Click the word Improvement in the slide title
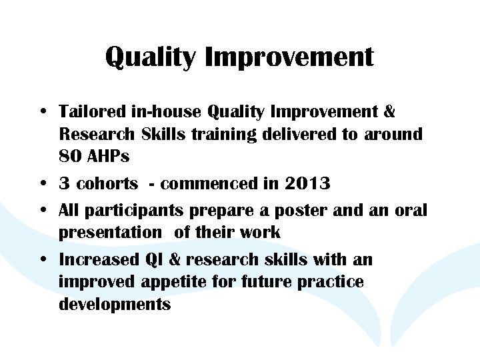click(289, 57)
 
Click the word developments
click(115, 305)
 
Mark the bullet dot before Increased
click(43, 259)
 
